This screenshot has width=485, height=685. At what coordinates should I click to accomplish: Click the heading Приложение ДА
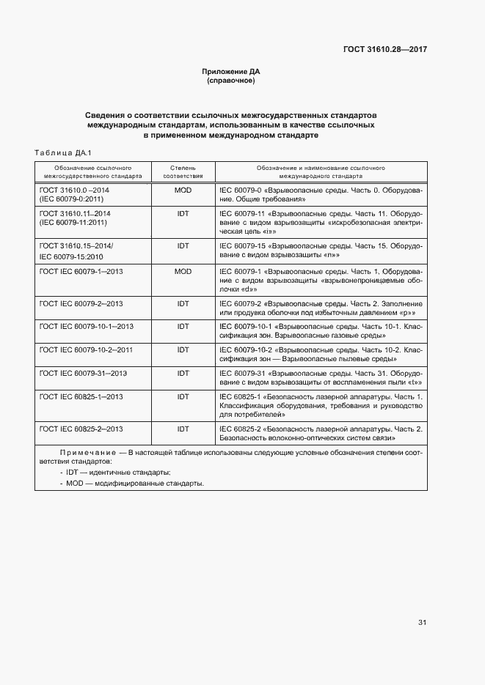tap(231, 72)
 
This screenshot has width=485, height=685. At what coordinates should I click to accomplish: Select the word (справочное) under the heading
tap(231, 81)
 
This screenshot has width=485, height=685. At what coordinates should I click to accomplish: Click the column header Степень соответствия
tap(183, 172)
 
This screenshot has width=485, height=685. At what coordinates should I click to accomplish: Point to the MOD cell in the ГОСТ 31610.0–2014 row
tap(183, 190)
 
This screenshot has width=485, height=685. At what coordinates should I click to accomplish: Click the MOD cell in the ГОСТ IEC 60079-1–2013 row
tap(183, 272)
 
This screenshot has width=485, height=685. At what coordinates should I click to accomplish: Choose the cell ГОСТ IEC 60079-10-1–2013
tap(86, 326)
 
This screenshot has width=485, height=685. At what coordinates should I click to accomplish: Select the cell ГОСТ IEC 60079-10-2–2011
tap(86, 350)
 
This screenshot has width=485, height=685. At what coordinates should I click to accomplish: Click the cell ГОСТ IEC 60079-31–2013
tap(83, 374)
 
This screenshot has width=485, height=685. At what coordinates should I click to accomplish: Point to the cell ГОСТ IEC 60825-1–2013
tap(81, 396)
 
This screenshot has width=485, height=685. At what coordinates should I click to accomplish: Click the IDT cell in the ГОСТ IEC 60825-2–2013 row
tap(183, 429)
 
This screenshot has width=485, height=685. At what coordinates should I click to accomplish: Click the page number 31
tap(422, 623)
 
